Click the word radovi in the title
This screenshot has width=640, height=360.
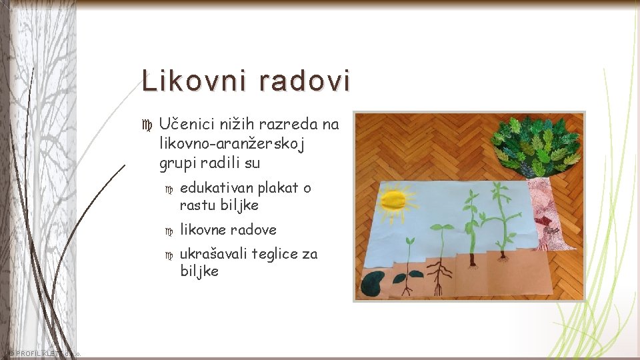point(305,81)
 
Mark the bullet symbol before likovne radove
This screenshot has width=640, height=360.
point(169,231)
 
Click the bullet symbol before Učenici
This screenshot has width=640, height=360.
point(148,125)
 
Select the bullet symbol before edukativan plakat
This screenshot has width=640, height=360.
point(169,189)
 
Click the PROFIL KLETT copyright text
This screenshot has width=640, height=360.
point(44,353)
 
